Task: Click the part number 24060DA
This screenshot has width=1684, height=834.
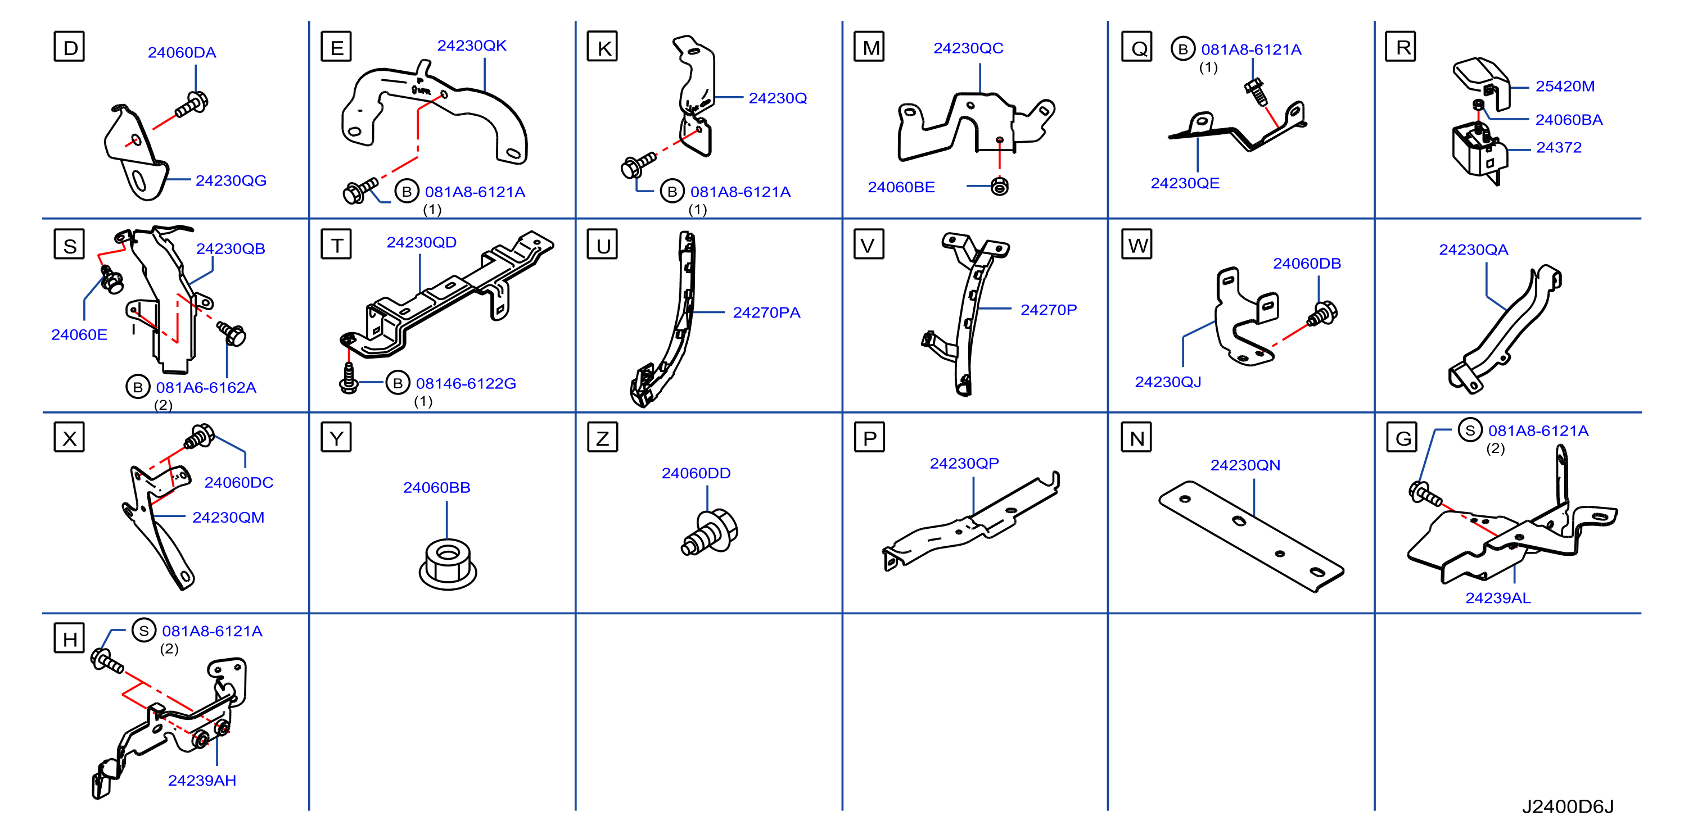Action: point(182,52)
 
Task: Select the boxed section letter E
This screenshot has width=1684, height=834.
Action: point(336,47)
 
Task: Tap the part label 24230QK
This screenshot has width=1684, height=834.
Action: point(472,45)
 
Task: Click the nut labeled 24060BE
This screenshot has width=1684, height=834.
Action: point(1000,186)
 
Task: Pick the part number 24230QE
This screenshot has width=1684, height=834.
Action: point(1185,183)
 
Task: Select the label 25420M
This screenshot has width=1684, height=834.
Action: point(1565,87)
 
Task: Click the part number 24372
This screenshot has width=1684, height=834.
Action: point(1559,148)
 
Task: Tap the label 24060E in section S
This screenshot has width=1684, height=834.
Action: point(79,334)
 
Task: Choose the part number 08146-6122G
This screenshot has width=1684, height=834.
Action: point(466,384)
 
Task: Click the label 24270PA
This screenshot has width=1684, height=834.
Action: point(767,312)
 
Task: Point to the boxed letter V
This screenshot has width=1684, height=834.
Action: point(869,244)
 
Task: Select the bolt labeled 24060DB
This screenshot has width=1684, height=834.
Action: point(1322,314)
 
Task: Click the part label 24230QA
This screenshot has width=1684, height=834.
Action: point(1474,250)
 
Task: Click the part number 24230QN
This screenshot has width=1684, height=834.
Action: point(1245,465)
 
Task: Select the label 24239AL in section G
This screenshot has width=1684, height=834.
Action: point(1498,598)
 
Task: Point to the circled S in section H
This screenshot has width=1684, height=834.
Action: point(144,630)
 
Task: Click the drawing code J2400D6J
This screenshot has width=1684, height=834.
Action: point(1568,806)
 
